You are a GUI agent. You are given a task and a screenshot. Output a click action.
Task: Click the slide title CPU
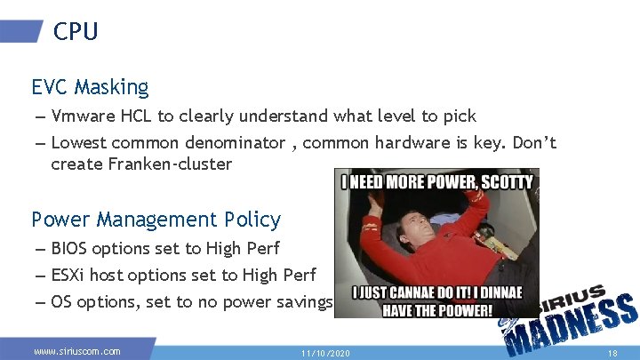(x=76, y=32)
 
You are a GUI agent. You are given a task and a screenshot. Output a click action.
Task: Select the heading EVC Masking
(x=90, y=87)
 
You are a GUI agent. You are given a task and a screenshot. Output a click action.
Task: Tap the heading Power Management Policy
(x=156, y=220)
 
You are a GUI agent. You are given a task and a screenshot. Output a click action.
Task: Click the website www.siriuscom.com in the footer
(x=77, y=352)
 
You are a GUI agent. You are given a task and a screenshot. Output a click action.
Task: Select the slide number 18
(x=612, y=353)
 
